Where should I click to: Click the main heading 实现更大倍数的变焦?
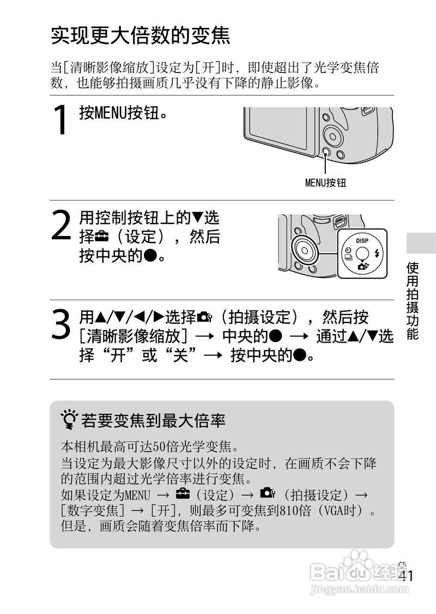pyautogui.click(x=141, y=36)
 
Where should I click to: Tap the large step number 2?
pyautogui.click(x=62, y=226)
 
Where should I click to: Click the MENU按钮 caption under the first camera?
pyautogui.click(x=325, y=183)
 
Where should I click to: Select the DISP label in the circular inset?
pyautogui.click(x=362, y=240)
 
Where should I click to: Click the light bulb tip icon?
pyautogui.click(x=69, y=420)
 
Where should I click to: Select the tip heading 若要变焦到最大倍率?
pyautogui.click(x=153, y=421)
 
